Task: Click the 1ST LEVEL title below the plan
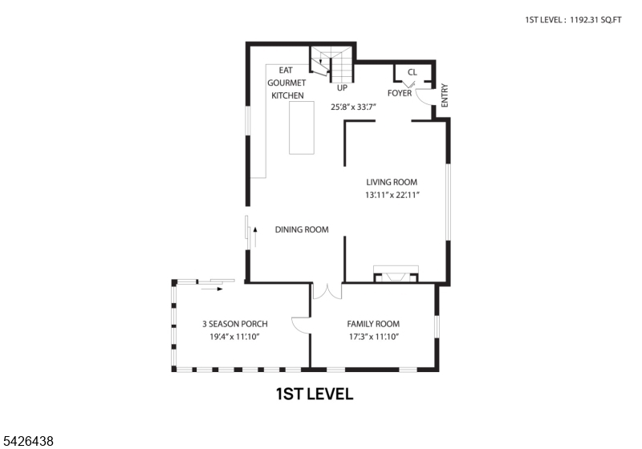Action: coord(314,394)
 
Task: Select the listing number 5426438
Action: coord(29,440)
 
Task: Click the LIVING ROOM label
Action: coord(392,182)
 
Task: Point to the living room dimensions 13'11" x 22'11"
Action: coord(392,195)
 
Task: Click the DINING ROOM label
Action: coord(302,229)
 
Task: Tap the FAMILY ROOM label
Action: coord(373,324)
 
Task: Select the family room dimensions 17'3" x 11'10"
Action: coord(373,337)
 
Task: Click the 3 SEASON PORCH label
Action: coord(234,324)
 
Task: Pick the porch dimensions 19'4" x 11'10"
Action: coord(234,337)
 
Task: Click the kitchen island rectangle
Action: coord(302,128)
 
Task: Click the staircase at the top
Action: coord(329,60)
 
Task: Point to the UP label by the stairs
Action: coord(342,87)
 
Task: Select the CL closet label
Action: coord(412,72)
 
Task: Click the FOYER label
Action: coord(400,93)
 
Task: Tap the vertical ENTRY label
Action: coord(445,95)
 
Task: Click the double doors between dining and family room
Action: coord(327,291)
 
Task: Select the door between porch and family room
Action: coord(301,325)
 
